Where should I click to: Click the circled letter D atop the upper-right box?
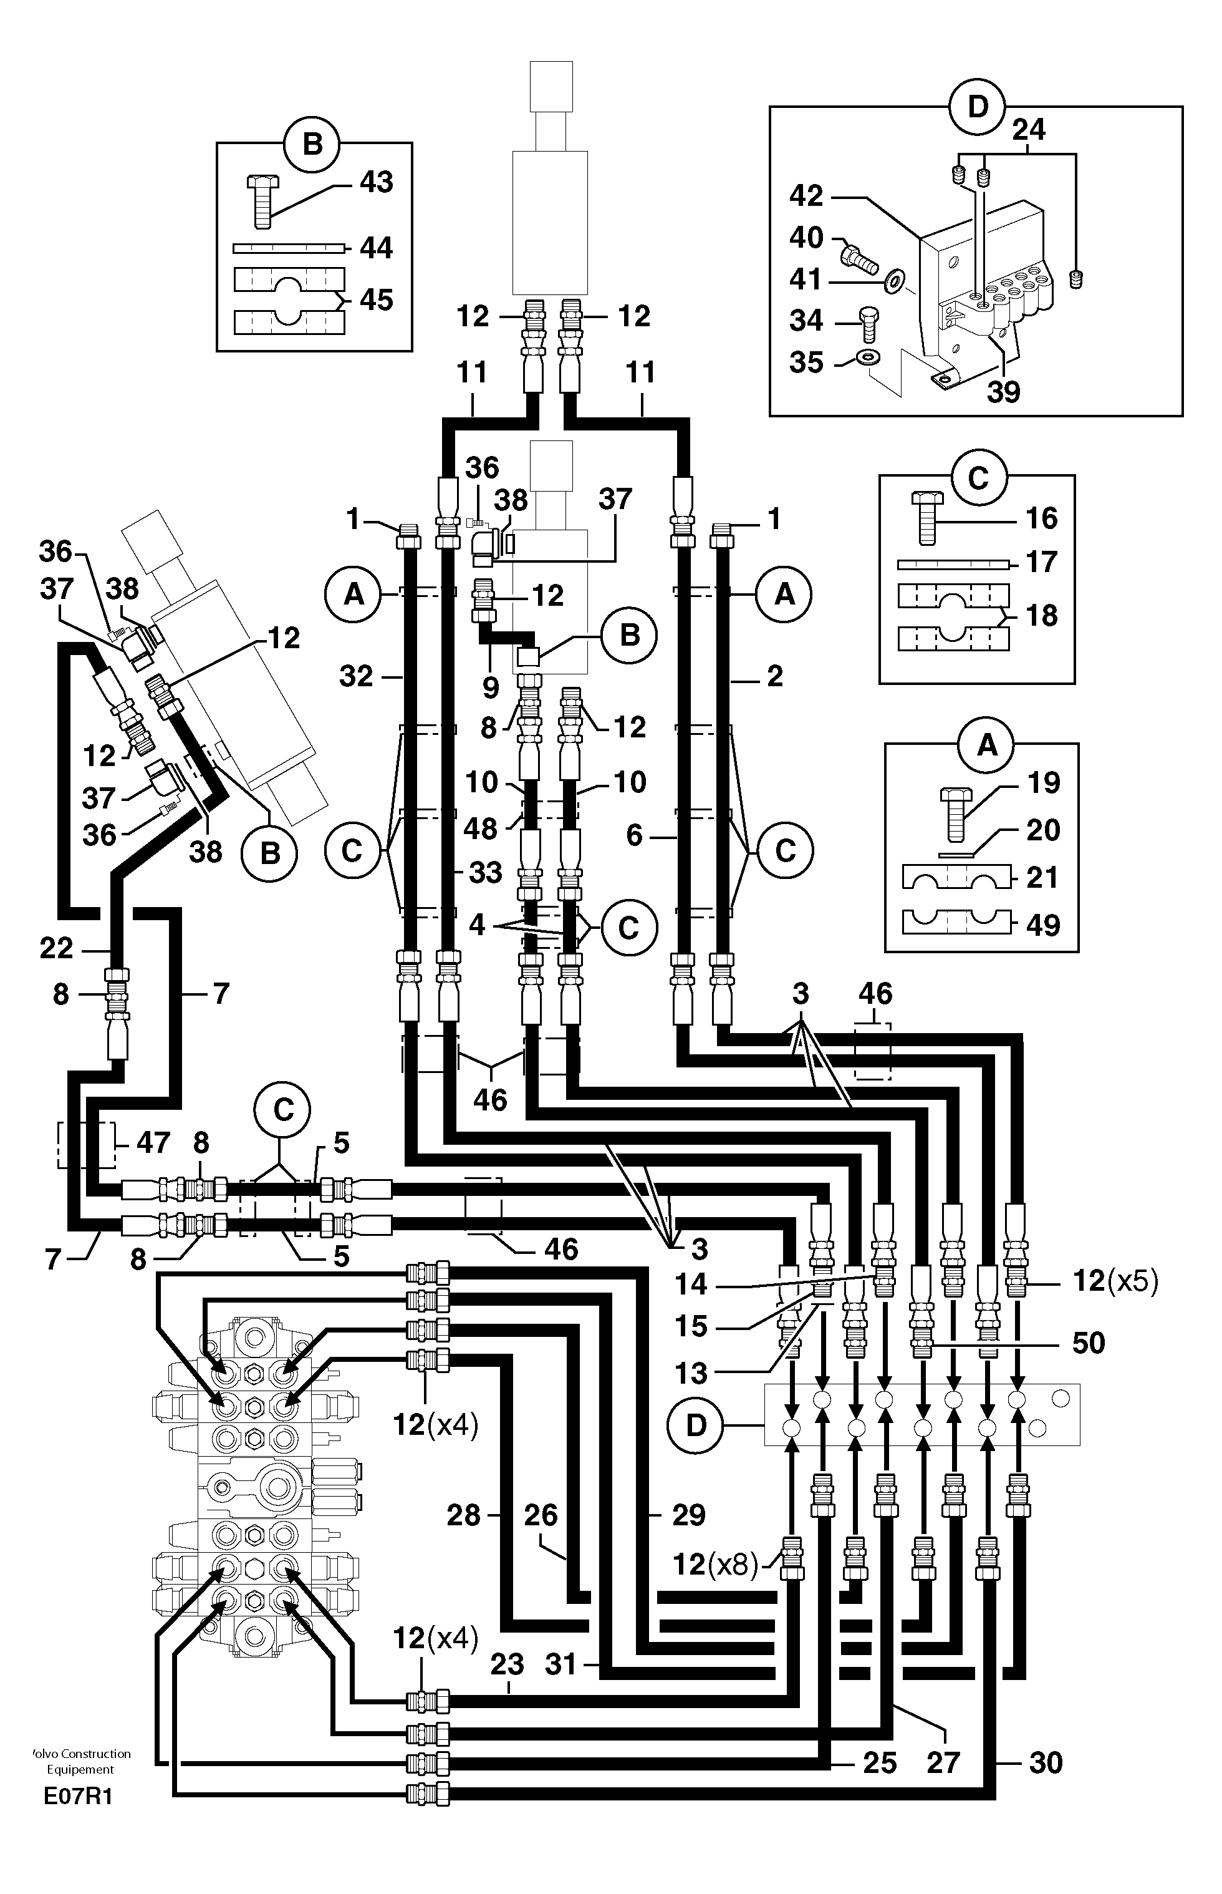pyautogui.click(x=977, y=107)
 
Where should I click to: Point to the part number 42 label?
pyautogui.click(x=806, y=196)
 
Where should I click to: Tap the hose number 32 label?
pyautogui.click(x=355, y=676)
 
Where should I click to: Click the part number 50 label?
pyautogui.click(x=1088, y=1343)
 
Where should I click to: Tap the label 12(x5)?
pyautogui.click(x=1115, y=1281)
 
